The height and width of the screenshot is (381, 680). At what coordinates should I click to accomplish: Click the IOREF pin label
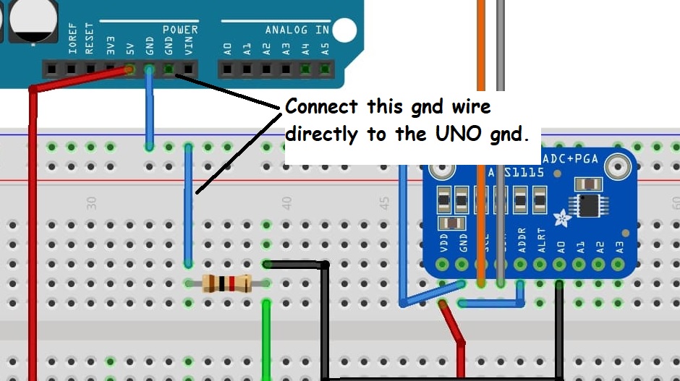(x=72, y=39)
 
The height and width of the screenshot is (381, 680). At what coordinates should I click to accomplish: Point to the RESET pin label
(x=90, y=39)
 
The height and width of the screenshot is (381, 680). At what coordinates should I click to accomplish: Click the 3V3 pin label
(x=110, y=47)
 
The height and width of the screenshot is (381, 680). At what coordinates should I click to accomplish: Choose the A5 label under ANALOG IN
(x=326, y=49)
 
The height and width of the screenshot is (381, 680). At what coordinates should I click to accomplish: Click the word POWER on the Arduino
(x=180, y=30)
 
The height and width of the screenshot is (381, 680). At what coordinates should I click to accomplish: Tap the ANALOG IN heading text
(x=296, y=30)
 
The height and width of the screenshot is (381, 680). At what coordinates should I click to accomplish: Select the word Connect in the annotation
(x=321, y=107)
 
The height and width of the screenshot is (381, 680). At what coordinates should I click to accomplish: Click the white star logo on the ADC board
(x=561, y=215)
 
